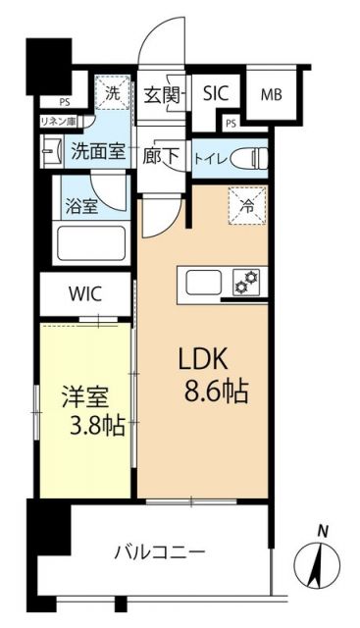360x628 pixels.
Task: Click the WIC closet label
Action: (84, 293)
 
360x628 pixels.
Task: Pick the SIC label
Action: (215, 94)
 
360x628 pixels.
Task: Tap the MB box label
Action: (270, 95)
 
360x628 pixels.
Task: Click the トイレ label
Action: (212, 156)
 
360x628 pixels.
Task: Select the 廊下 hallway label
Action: (161, 156)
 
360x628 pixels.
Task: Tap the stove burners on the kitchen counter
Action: (245, 284)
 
